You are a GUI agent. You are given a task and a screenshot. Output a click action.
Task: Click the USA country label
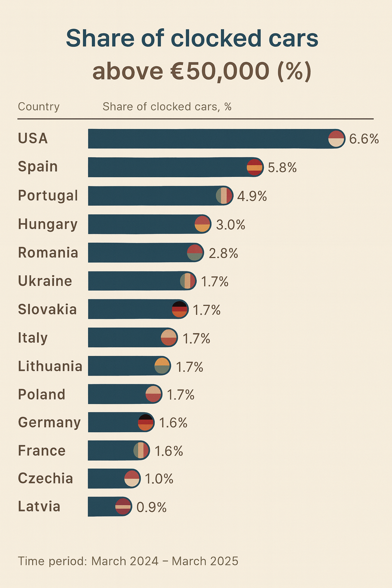pyautogui.click(x=33, y=139)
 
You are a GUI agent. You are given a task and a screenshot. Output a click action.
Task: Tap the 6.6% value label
pyautogui.click(x=364, y=139)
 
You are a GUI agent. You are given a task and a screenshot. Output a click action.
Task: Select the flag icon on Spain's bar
pyautogui.click(x=255, y=167)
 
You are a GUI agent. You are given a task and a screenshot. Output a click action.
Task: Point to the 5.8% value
pyautogui.click(x=282, y=168)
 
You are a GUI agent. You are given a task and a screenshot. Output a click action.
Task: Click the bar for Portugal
pyautogui.click(x=153, y=196)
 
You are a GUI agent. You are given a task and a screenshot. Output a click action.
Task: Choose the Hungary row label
pyautogui.click(x=48, y=224)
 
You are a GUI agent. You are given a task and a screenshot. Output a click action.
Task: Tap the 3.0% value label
pyautogui.click(x=230, y=225)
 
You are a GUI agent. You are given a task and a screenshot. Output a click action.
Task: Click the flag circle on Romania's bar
pyautogui.click(x=195, y=253)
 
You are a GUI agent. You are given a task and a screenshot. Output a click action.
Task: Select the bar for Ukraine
pyautogui.click(x=134, y=281)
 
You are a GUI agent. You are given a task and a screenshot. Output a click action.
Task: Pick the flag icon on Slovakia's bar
pyautogui.click(x=180, y=309)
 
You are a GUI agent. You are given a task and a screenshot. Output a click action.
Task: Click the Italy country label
pyautogui.click(x=33, y=338)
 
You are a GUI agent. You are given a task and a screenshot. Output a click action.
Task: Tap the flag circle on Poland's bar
pyautogui.click(x=154, y=394)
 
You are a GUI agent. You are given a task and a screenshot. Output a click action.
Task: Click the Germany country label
pyautogui.click(x=49, y=422)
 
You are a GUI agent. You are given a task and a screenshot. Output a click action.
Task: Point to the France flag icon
pyautogui.click(x=141, y=450)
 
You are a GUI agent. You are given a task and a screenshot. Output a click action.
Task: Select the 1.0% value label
pyautogui.click(x=159, y=479)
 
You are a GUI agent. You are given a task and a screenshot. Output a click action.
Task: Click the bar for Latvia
pyautogui.click(x=102, y=506)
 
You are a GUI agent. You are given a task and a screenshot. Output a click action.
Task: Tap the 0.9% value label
pyautogui.click(x=152, y=507)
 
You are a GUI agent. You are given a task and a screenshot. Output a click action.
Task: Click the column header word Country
pyautogui.click(x=39, y=106)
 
